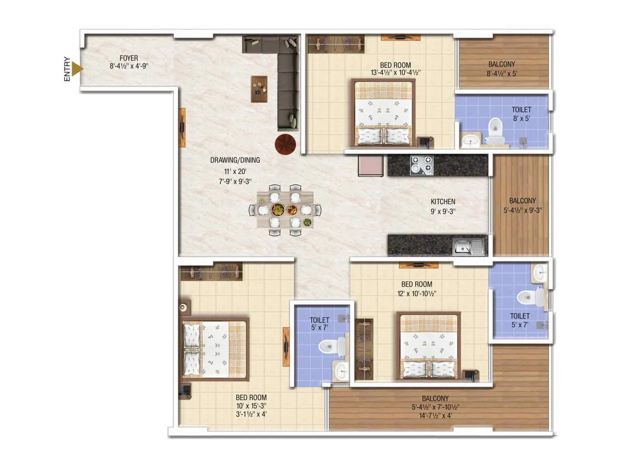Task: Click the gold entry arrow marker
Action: point(77,69)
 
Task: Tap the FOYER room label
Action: point(129,58)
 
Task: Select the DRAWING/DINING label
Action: point(235,160)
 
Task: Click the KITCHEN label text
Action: point(443,202)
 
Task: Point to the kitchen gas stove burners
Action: point(422,164)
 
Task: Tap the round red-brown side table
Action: point(285,144)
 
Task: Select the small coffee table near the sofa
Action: point(259,89)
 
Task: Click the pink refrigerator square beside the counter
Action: point(371,165)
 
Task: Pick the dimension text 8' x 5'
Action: point(521,118)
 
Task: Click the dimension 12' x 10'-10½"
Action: point(417,294)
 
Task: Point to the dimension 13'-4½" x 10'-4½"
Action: point(395,73)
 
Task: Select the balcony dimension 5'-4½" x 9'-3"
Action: point(522,210)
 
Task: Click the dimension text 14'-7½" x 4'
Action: point(435,416)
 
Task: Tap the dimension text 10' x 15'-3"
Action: point(251,406)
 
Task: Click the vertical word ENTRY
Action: point(67,69)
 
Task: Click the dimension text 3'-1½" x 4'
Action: point(251,414)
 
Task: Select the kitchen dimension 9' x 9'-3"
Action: point(443,211)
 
